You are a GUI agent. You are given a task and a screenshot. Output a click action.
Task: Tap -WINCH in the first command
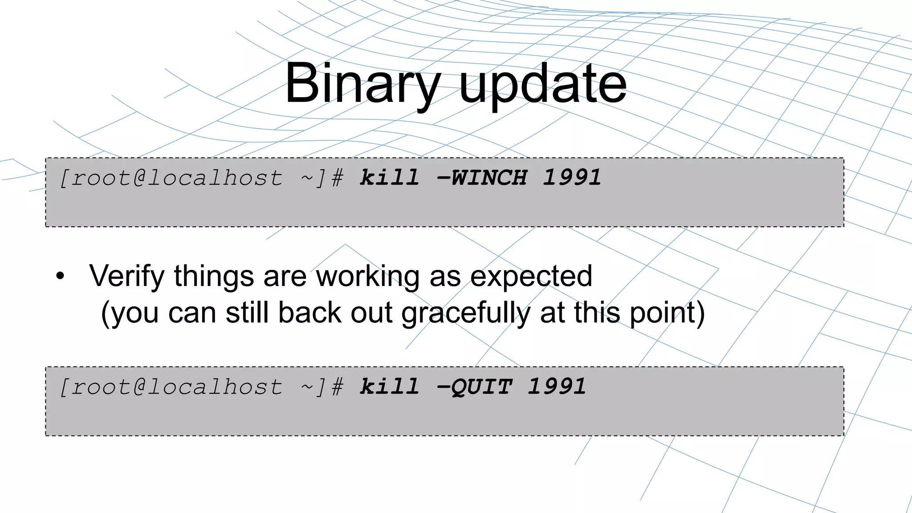click(482, 178)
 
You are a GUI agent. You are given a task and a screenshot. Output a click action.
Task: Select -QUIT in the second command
click(475, 387)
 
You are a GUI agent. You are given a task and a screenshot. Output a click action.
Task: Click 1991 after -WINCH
click(572, 178)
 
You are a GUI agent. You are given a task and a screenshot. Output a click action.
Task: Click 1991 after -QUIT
click(557, 387)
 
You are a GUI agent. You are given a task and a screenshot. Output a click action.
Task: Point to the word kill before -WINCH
click(389, 178)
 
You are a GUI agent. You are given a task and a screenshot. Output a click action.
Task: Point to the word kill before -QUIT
click(389, 387)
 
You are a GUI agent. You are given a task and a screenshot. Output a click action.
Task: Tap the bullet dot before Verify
click(60, 277)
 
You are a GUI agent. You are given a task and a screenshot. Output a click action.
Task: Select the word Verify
click(127, 277)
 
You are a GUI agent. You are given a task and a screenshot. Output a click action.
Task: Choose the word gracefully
click(466, 313)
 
